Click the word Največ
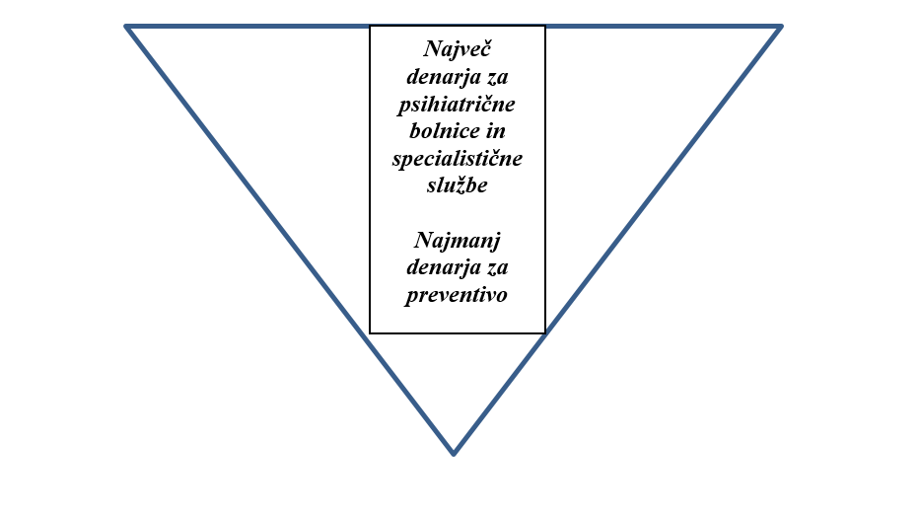pyautogui.click(x=458, y=49)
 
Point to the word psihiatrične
pyautogui.click(x=458, y=105)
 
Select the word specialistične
pyautogui.click(x=458, y=159)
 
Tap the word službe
pyautogui.click(x=458, y=184)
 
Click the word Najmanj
pyautogui.click(x=458, y=241)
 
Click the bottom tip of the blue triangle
pyautogui.click(x=454, y=454)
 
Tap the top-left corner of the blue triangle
pyautogui.click(x=126, y=27)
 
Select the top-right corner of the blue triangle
pyautogui.click(x=781, y=27)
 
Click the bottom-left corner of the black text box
pyautogui.click(x=370, y=333)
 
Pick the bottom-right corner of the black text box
pyautogui.click(x=545, y=333)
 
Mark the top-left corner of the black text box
pyautogui.click(x=370, y=26)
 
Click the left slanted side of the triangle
pyautogui.click(x=290, y=240)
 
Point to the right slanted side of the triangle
pyautogui.click(x=617, y=240)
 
